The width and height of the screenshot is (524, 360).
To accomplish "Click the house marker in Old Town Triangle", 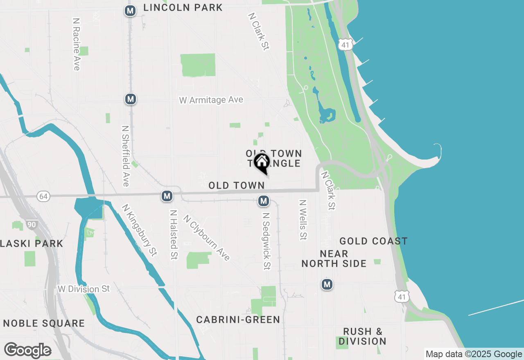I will click(x=262, y=163).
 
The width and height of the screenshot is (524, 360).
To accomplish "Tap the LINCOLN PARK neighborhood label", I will click(x=183, y=7).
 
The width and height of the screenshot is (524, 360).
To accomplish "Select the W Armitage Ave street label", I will click(x=211, y=100).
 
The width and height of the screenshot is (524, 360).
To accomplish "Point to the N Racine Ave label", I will click(x=76, y=44).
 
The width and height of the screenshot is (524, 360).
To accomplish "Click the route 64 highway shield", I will click(x=43, y=197).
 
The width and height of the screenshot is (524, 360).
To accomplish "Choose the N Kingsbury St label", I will click(x=140, y=230).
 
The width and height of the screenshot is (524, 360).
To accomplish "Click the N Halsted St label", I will click(x=174, y=235).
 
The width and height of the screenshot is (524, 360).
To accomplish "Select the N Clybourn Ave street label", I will click(x=207, y=238).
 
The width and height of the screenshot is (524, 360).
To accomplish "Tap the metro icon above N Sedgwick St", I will click(x=264, y=201).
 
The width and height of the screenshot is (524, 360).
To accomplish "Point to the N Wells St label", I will click(x=303, y=220).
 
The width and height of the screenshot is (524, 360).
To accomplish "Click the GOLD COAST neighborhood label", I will click(x=373, y=241).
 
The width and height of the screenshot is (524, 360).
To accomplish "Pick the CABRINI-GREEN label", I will click(x=238, y=319).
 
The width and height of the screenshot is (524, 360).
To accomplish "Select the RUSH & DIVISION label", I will click(x=363, y=336).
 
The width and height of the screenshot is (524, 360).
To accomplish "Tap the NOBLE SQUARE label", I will click(x=44, y=323).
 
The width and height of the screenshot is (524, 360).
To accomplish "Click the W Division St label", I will click(x=84, y=289).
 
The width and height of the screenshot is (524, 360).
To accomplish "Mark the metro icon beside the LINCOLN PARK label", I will click(x=130, y=11).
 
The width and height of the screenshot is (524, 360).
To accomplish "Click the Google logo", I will click(x=27, y=350).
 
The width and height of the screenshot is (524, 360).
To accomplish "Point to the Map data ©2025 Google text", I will click(x=474, y=354).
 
